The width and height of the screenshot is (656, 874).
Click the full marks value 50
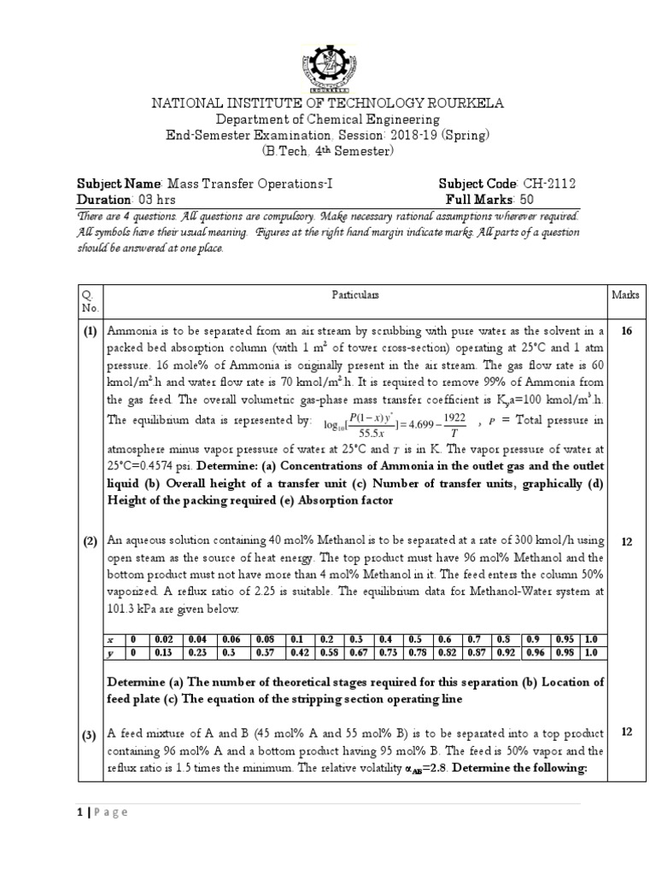tap(527, 200)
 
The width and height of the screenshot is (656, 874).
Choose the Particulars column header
tap(354, 294)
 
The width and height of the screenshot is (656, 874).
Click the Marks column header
tap(625, 294)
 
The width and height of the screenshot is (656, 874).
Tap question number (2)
tap(90, 542)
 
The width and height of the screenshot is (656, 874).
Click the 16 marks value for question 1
tap(626, 331)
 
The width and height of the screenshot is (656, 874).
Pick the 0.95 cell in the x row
tap(563, 639)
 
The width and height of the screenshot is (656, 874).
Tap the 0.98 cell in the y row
tap(563, 652)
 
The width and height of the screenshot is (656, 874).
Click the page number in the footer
tap(81, 812)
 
